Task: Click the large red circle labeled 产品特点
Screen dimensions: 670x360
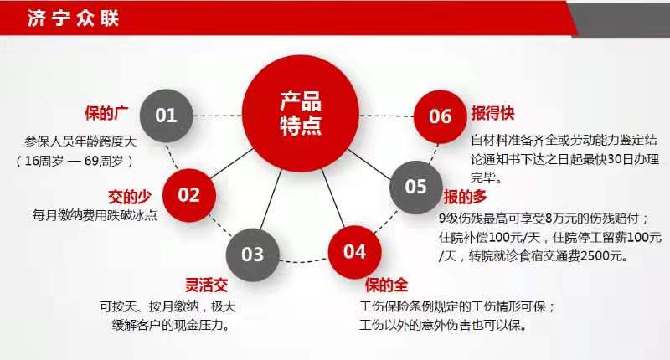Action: coord(301,114)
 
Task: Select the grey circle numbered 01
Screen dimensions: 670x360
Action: coord(166,116)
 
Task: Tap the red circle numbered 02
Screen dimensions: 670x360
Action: coord(189,195)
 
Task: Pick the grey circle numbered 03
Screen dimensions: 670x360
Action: coord(253,255)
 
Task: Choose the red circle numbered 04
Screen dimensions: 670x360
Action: coord(354,252)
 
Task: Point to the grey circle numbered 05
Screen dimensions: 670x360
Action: coord(415,187)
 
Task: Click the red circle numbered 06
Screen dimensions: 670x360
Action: coord(441,116)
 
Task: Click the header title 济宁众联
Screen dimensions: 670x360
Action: coord(73,18)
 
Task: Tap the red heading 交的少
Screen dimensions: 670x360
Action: coord(130,197)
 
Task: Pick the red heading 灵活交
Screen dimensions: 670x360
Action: coord(206,285)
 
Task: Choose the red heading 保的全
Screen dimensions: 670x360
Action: coord(386,285)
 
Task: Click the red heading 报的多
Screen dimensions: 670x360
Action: coord(465,197)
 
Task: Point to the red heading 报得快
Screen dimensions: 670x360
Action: coord(492,113)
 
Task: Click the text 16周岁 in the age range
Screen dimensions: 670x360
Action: coord(44,161)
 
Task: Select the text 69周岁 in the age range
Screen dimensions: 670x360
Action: coord(104,161)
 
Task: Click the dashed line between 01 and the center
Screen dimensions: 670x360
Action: coord(218,116)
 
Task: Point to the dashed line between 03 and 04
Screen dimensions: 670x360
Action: coord(304,260)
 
